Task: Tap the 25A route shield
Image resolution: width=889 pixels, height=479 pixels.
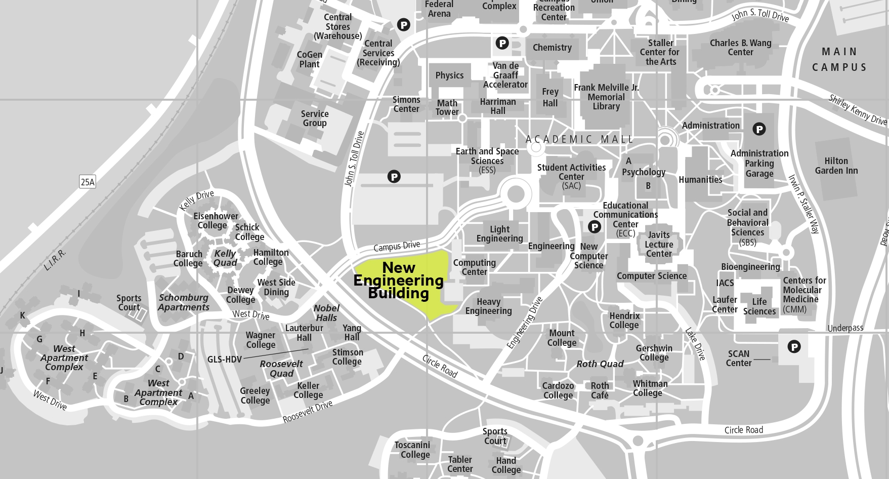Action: [x=88, y=182]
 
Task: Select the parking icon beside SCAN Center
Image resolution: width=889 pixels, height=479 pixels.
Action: [x=794, y=347]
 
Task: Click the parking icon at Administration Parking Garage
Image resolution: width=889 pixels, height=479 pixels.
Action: [x=759, y=129]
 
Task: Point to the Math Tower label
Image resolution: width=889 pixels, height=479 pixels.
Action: [x=447, y=108]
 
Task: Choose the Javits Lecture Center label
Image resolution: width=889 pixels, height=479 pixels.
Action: [x=659, y=244]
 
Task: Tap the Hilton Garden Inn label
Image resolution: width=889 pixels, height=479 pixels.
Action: [x=836, y=166]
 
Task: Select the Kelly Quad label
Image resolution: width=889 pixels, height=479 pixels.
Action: [x=225, y=258]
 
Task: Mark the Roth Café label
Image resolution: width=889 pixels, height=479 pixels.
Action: [x=600, y=390]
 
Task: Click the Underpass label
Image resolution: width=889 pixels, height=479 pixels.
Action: [x=845, y=328]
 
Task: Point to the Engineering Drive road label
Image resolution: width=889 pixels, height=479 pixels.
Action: [x=525, y=323]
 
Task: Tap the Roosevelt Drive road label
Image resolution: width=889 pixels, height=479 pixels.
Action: [x=308, y=411]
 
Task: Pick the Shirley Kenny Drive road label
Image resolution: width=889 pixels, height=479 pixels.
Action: [x=858, y=110]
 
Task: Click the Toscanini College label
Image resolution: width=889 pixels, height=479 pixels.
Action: [x=412, y=450]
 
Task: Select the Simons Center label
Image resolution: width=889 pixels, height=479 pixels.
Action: [x=406, y=104]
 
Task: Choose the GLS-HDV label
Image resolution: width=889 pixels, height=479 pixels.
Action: [x=225, y=360]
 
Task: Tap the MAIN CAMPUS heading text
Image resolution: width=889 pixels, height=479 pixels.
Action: [x=839, y=59]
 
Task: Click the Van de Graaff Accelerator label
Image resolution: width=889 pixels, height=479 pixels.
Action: [x=505, y=75]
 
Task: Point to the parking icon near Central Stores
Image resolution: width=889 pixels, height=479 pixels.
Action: [x=403, y=24]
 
